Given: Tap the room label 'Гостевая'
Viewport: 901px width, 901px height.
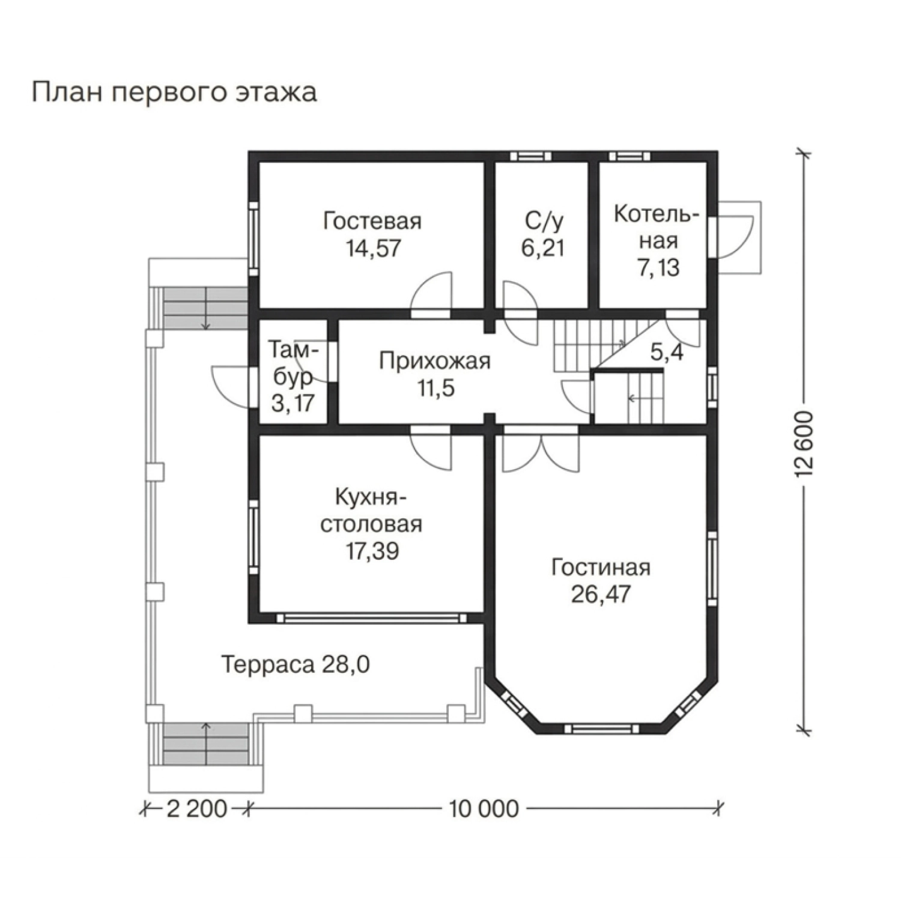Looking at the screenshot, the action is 372,221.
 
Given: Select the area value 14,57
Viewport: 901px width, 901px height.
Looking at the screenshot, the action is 372,248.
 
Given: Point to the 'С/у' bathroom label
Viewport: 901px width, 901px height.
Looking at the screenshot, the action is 544,221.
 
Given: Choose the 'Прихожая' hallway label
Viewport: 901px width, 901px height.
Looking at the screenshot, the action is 435,361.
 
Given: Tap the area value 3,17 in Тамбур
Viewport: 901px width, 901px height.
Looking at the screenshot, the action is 293,402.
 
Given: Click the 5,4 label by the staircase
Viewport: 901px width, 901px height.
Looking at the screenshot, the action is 667,353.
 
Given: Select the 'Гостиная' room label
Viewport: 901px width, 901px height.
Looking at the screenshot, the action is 601,568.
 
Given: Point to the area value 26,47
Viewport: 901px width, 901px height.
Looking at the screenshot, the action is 601,595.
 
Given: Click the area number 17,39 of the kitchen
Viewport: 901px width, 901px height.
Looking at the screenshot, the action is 372,551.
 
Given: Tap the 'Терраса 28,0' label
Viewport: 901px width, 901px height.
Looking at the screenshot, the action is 296,665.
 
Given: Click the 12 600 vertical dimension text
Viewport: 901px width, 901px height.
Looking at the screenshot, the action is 804,444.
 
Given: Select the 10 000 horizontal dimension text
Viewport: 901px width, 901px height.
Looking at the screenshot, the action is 483,808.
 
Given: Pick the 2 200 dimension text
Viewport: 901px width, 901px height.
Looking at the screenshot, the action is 196,808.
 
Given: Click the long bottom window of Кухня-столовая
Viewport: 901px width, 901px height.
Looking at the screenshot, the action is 372,617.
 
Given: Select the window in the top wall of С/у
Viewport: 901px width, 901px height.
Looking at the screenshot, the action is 530,156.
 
